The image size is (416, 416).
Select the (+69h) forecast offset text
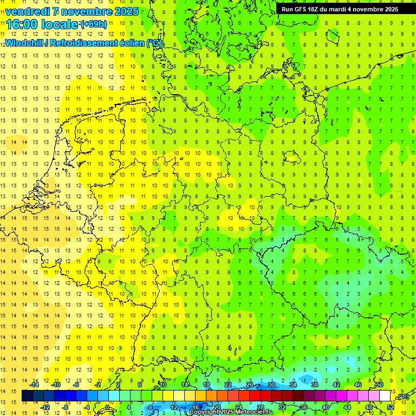coord(94,24)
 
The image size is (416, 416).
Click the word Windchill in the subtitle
coord(25,43)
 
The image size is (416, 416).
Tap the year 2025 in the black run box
coord(389,9)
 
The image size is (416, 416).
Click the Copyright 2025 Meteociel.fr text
coord(231,412)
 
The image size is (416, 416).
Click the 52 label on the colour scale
coord(391,407)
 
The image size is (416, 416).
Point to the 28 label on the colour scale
coord(261,407)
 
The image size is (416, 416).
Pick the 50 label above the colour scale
coord(380,385)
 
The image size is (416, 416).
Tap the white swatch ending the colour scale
coord(385,396)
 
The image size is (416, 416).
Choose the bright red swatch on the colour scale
coord(255,396)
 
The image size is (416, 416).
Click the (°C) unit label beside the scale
coord(402,397)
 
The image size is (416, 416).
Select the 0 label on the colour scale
coord(108,407)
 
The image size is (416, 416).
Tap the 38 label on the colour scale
coord(314,385)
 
